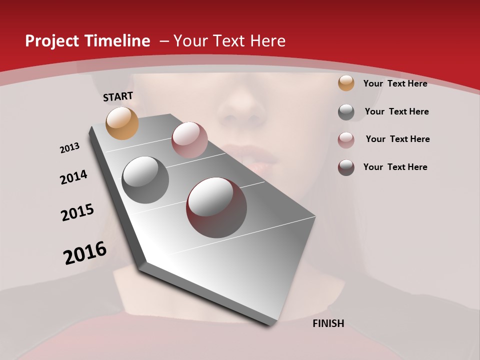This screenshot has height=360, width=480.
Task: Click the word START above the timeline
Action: coord(118,96)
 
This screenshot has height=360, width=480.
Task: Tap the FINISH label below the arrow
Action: coord(328,323)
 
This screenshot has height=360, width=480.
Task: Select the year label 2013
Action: coord(70,148)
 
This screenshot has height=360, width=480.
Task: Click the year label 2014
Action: coord(74,177)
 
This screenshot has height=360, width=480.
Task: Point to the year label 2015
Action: coord(77,212)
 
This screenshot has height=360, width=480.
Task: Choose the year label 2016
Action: coord(85,252)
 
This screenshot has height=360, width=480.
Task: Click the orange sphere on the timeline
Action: coord(122,123)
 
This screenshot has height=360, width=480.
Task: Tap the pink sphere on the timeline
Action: coord(189,139)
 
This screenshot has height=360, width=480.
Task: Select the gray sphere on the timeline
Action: coord(145,179)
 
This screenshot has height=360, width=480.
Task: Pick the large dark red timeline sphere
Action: coord(216,207)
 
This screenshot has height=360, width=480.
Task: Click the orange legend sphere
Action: coord(346,83)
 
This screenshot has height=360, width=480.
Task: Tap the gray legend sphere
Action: coord(346,112)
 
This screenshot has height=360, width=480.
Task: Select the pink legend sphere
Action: coord(346,139)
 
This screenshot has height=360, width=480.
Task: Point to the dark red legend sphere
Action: coord(346,167)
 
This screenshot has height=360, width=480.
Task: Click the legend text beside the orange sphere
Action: coord(395,83)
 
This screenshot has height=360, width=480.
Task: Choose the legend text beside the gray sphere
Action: coord(396,111)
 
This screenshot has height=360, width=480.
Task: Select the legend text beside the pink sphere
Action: coord(397,139)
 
